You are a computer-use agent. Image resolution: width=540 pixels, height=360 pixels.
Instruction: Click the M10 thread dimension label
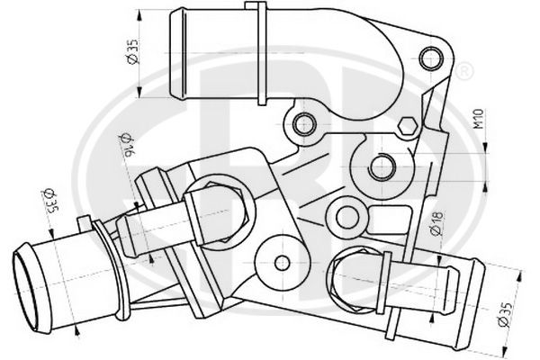pos(479,119)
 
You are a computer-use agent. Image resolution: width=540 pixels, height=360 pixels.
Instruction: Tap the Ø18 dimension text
pos(436,223)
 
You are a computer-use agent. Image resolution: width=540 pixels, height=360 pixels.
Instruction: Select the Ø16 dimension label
pos(128,144)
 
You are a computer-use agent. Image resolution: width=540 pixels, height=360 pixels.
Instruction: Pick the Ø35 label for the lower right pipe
pos(506,314)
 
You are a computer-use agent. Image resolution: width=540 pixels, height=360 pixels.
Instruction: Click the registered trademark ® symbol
pos(464,71)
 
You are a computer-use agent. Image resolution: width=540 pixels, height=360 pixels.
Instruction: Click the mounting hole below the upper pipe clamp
pos(305,124)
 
